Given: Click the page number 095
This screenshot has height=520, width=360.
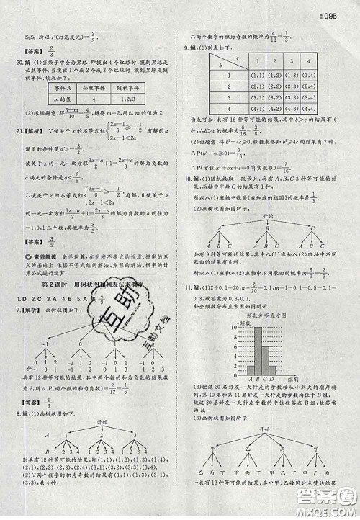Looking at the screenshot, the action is click(346, 15).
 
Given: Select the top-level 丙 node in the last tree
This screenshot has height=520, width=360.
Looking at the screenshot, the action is click(284, 447).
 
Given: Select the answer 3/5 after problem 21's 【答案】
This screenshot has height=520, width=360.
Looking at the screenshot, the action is click(54, 243).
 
